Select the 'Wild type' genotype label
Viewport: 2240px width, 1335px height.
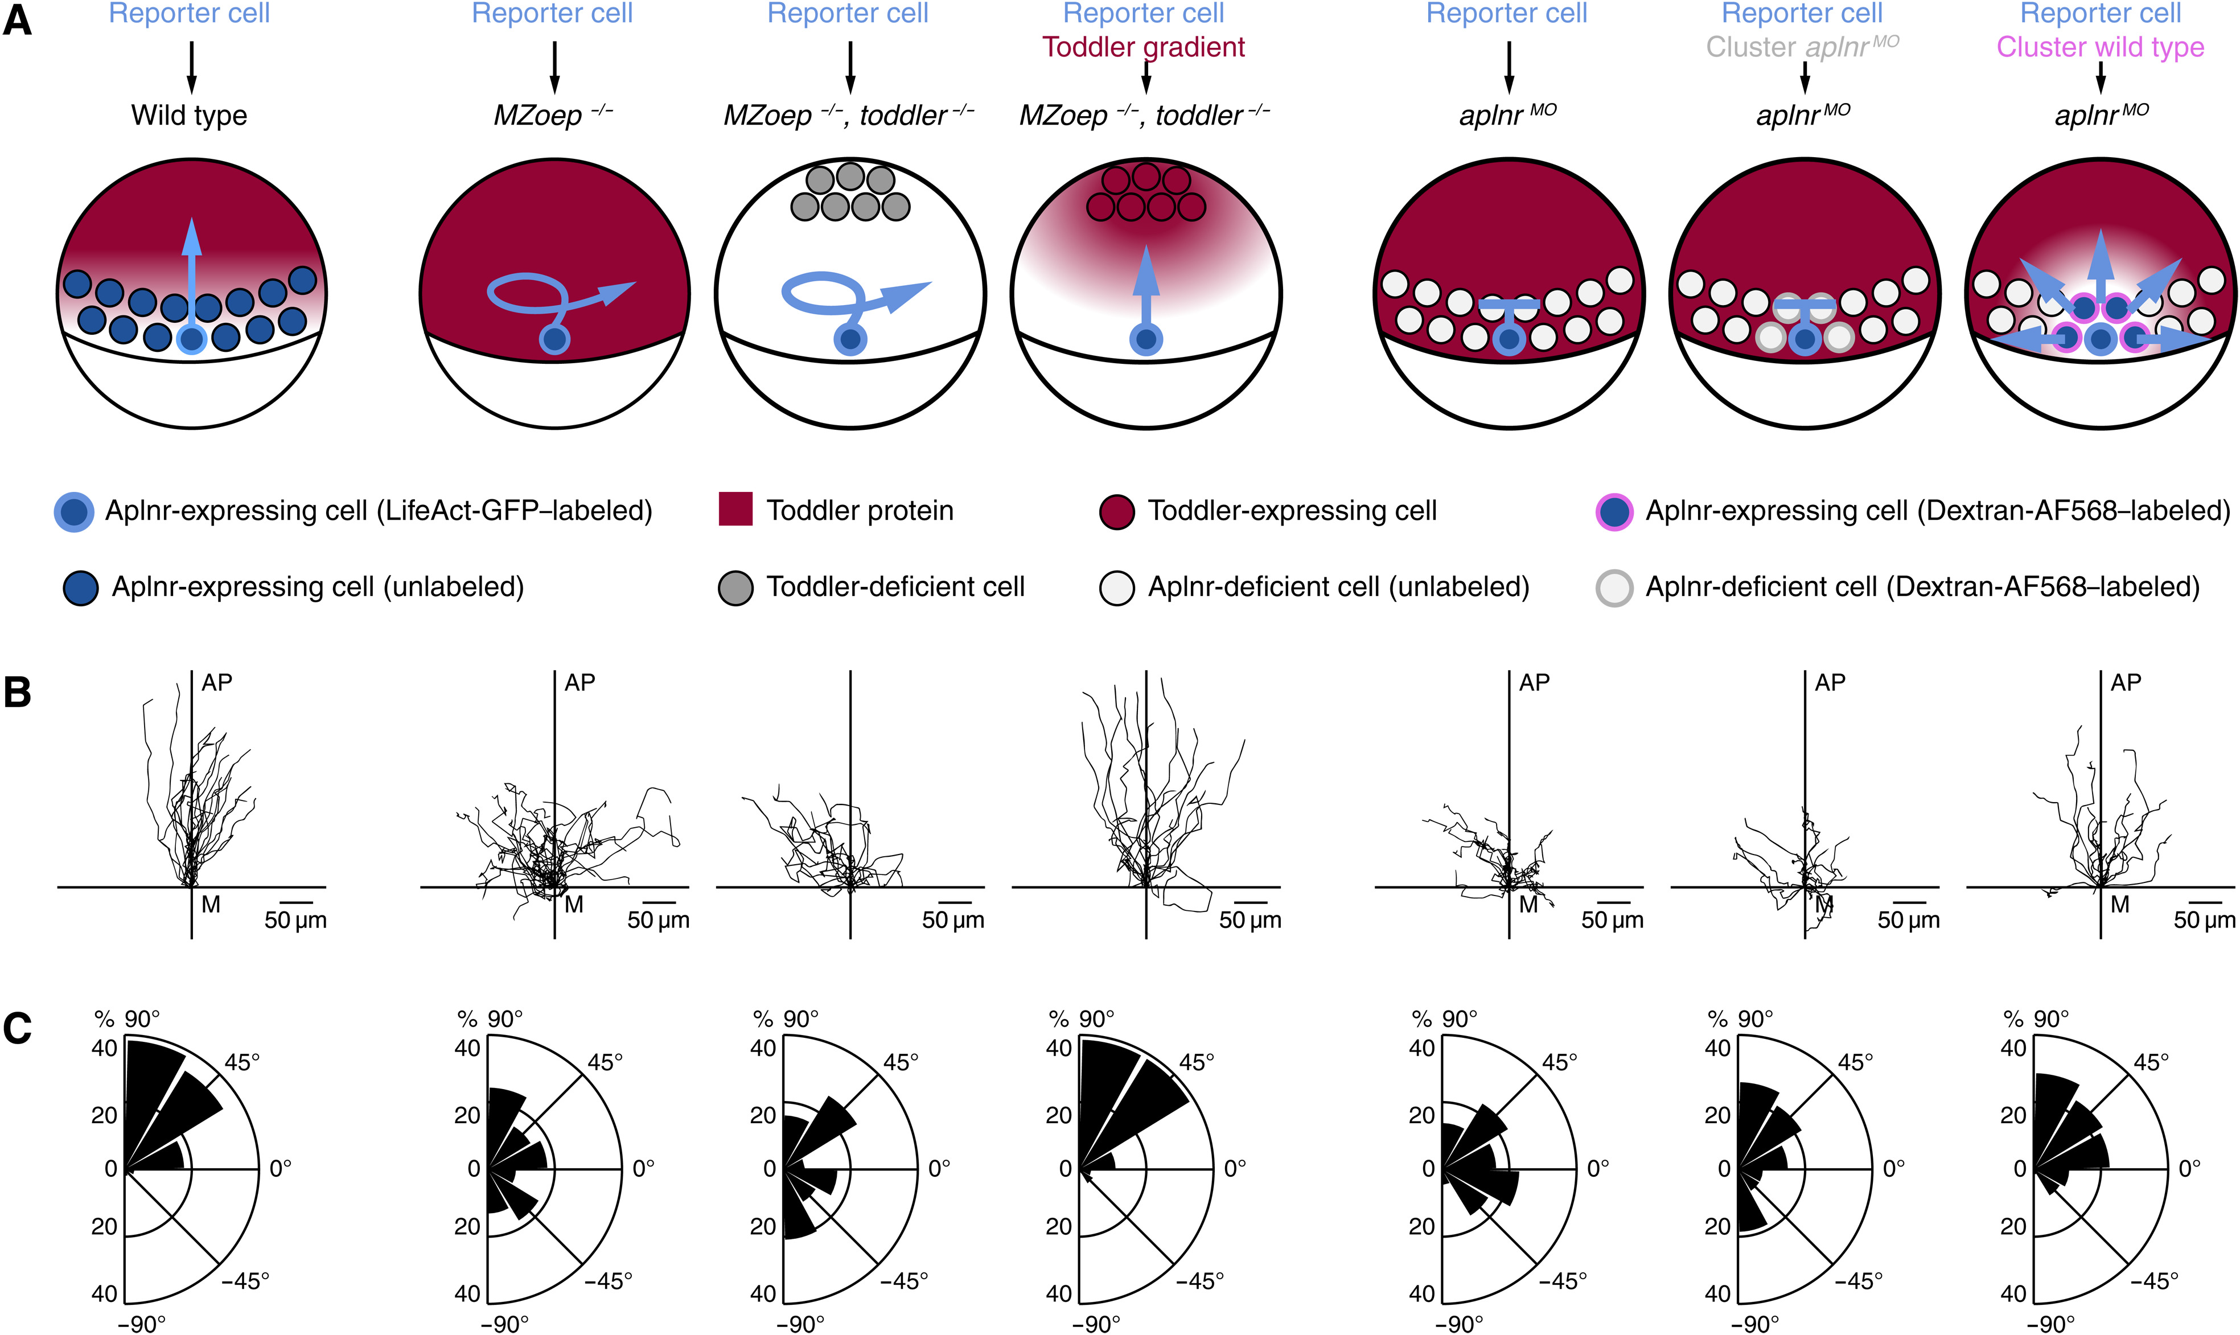click(189, 115)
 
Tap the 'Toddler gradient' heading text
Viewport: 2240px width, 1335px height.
click(1144, 47)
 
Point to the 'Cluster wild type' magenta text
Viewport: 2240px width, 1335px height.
click(2101, 47)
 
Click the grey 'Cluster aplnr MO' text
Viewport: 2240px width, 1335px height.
click(1803, 47)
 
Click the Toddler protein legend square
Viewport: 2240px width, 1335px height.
click(735, 509)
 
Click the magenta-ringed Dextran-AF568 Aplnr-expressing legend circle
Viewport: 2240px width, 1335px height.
click(1615, 511)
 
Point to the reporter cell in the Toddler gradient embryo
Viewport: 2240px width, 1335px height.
click(1146, 340)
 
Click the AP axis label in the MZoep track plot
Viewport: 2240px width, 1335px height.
click(580, 682)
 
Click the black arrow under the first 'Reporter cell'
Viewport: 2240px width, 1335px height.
click(191, 68)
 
